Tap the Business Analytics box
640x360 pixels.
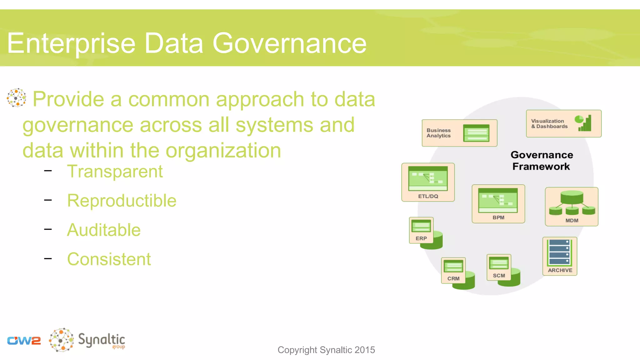click(x=459, y=133)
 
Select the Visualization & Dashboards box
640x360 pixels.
click(x=563, y=123)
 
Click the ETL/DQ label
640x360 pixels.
click(x=428, y=196)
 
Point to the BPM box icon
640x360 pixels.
click(x=498, y=200)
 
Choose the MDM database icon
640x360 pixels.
click(x=572, y=203)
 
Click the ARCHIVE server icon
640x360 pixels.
click(x=559, y=252)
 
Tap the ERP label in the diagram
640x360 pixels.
click(x=421, y=238)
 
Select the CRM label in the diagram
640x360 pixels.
click(x=453, y=278)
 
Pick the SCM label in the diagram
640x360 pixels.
click(x=499, y=276)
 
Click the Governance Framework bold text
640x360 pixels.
click(x=542, y=161)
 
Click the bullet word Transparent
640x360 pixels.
click(x=115, y=172)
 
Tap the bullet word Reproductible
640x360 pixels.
click(x=122, y=201)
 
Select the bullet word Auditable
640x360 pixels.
click(x=104, y=230)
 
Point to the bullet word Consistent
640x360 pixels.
click(x=109, y=259)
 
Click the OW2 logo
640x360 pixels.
click(x=24, y=341)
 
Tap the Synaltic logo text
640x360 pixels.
click(x=101, y=340)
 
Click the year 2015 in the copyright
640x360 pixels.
click(x=365, y=350)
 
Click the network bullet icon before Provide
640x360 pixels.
click(x=16, y=98)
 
